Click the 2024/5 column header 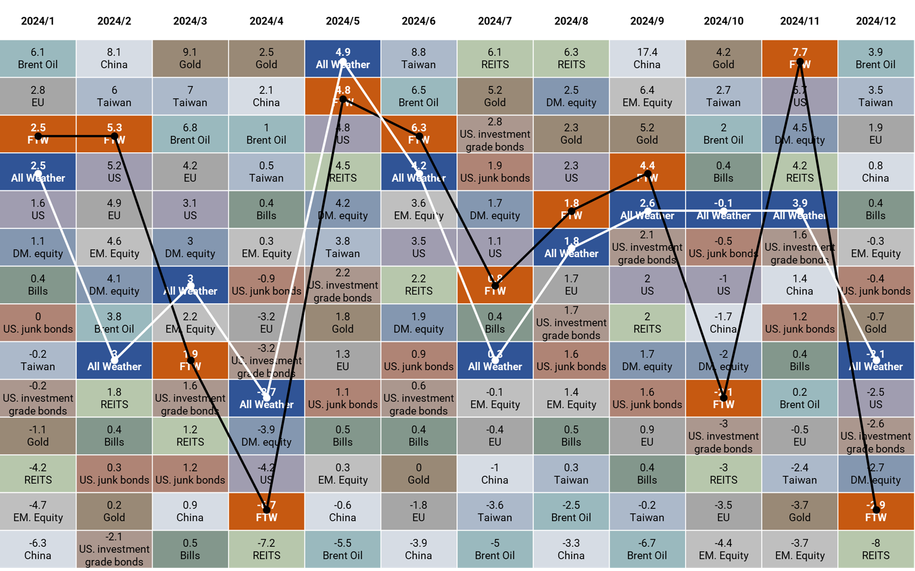342,21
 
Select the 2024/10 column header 723,21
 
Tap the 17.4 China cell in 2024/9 647,58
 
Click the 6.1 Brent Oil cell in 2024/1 38,58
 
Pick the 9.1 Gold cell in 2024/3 190,58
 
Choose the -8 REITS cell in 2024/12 876,549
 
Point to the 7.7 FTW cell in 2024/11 799,58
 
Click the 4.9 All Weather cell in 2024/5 342,58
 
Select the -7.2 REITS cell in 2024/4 266,549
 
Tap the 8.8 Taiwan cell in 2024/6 418,58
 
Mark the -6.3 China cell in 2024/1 38,549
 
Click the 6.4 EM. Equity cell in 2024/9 647,96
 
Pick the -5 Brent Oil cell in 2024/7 495,549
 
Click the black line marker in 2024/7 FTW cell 495,286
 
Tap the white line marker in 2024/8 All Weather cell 571,248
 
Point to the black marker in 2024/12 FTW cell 876,510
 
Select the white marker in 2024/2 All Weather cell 114,360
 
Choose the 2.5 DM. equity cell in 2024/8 571,96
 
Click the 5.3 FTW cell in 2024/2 114,134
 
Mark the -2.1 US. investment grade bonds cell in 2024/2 114,549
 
